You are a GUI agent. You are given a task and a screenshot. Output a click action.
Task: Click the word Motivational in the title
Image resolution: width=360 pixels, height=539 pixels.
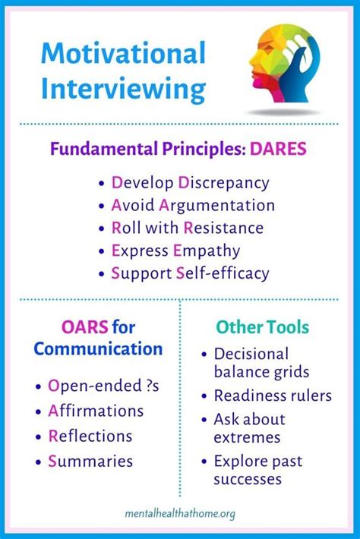point(123,53)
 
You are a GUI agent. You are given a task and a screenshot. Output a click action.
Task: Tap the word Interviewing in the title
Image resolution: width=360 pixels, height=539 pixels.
point(123,88)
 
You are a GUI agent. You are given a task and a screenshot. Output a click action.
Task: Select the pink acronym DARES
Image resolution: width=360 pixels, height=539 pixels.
point(278,149)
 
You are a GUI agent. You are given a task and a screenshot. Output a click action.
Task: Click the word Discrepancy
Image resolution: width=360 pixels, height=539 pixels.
point(223,183)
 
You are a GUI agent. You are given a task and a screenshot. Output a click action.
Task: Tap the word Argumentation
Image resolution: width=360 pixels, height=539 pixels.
point(216,206)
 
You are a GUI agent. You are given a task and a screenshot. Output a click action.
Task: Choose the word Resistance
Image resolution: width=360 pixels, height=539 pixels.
point(223,228)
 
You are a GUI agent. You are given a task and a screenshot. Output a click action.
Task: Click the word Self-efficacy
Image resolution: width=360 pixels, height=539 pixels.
point(223,273)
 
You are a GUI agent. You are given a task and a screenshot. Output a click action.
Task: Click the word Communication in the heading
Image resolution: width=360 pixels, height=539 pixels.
point(98,349)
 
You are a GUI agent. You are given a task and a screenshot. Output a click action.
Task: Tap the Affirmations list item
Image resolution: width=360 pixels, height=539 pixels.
point(96,411)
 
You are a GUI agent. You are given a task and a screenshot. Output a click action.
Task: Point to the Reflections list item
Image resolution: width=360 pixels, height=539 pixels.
point(90,436)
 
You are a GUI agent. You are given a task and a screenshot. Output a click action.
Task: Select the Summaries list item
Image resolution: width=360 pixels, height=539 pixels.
point(90,462)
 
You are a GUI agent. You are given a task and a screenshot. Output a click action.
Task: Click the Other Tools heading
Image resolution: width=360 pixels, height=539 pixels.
point(262,327)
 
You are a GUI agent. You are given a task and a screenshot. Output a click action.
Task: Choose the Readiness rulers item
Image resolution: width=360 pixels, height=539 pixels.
point(273,396)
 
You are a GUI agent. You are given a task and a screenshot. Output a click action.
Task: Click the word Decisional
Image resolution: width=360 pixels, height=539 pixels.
point(251,354)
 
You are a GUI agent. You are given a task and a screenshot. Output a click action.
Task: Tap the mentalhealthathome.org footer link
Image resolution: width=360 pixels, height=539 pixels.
point(180,514)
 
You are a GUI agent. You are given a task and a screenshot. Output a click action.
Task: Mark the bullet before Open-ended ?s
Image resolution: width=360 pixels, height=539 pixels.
point(38,386)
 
